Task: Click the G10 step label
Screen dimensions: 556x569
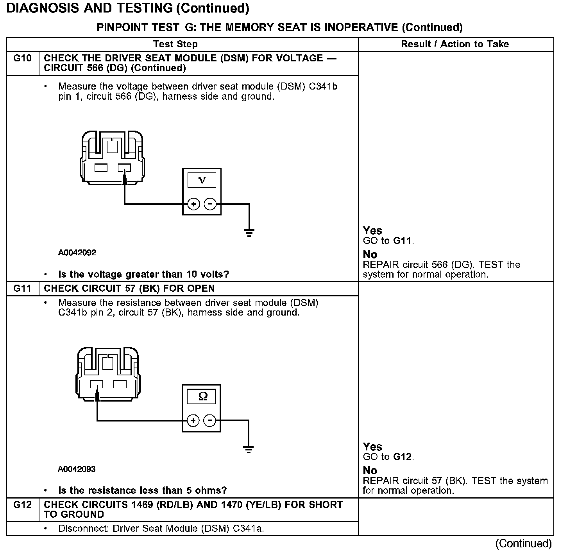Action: coord(22,58)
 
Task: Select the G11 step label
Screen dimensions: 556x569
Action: coord(22,289)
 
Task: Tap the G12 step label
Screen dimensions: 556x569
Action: coord(22,505)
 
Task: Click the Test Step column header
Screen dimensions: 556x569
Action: coord(175,44)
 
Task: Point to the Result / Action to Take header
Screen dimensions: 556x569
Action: coord(455,44)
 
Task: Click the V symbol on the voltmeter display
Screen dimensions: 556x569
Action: coord(202,180)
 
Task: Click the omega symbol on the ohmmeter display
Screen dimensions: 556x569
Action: coord(203,396)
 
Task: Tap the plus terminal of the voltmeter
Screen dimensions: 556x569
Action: coord(193,204)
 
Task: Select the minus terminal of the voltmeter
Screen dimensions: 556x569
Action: coord(210,204)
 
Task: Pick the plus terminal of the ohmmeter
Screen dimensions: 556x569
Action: coord(193,421)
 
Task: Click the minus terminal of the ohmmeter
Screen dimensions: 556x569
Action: coord(210,421)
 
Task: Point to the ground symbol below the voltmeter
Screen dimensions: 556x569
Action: coord(249,233)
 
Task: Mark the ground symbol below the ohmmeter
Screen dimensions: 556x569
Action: coord(249,449)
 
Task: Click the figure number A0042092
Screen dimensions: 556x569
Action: coord(77,253)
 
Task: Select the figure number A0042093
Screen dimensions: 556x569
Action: coord(77,469)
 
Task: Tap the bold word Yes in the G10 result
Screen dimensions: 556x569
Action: coord(372,231)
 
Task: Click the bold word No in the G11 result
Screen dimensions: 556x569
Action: coord(370,470)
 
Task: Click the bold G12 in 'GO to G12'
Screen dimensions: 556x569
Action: coord(403,457)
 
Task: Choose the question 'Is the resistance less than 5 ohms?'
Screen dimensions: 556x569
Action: coord(143,490)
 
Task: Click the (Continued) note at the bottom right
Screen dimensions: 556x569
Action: coord(523,543)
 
